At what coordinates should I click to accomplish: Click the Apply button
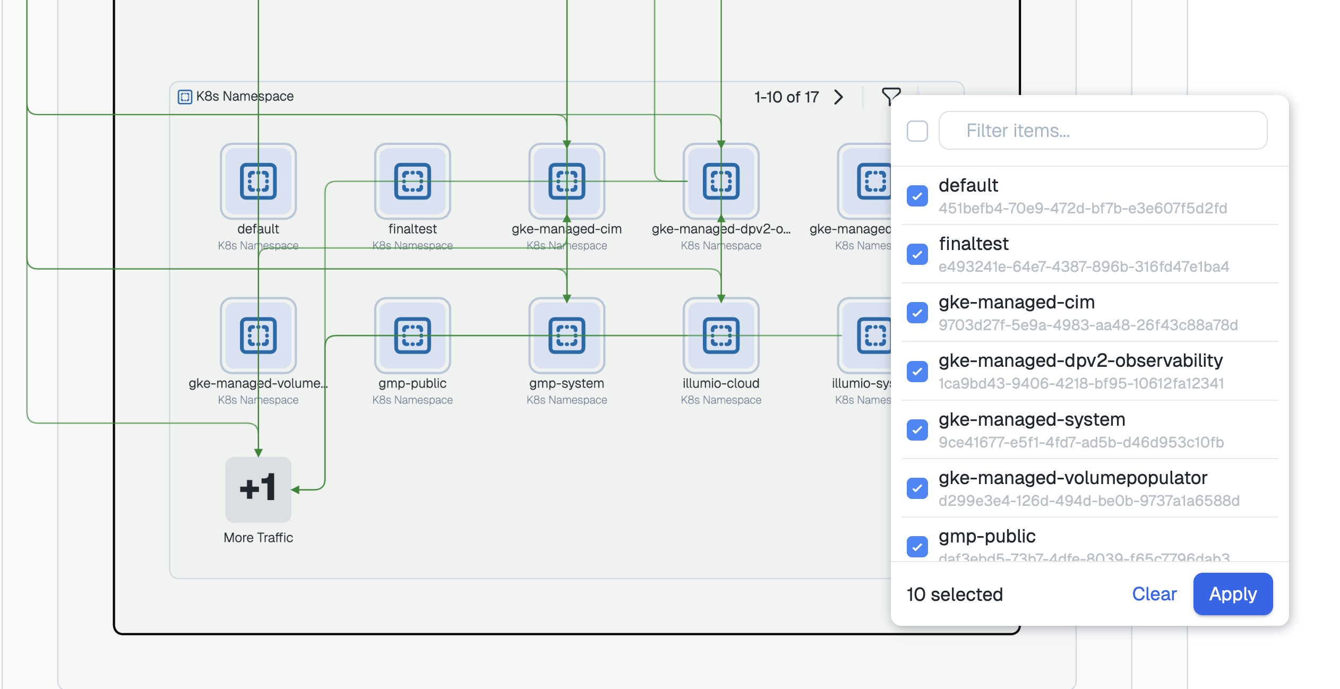point(1232,594)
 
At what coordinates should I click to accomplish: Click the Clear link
point(1154,594)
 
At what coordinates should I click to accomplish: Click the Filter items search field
point(1103,131)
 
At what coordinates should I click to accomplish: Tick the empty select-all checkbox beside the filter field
point(917,131)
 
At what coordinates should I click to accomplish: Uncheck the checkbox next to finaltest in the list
point(917,254)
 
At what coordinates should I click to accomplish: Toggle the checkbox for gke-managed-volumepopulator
point(917,488)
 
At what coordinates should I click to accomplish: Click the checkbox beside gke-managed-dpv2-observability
point(917,371)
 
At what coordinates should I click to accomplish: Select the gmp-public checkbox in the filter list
point(917,547)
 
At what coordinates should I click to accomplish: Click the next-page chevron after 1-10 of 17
point(838,97)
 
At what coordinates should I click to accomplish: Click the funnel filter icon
point(890,97)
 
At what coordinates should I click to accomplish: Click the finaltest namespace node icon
point(413,182)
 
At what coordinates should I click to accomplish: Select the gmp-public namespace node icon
point(413,335)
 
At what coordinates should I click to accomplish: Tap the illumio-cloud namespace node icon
point(721,335)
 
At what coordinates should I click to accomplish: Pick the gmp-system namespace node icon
point(566,335)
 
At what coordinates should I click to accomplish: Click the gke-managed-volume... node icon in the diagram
point(258,335)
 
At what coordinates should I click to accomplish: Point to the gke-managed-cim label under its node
point(566,229)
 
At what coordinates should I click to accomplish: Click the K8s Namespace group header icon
point(185,97)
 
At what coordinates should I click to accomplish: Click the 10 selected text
point(954,595)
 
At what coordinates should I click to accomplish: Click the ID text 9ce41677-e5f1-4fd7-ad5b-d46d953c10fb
point(1081,442)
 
